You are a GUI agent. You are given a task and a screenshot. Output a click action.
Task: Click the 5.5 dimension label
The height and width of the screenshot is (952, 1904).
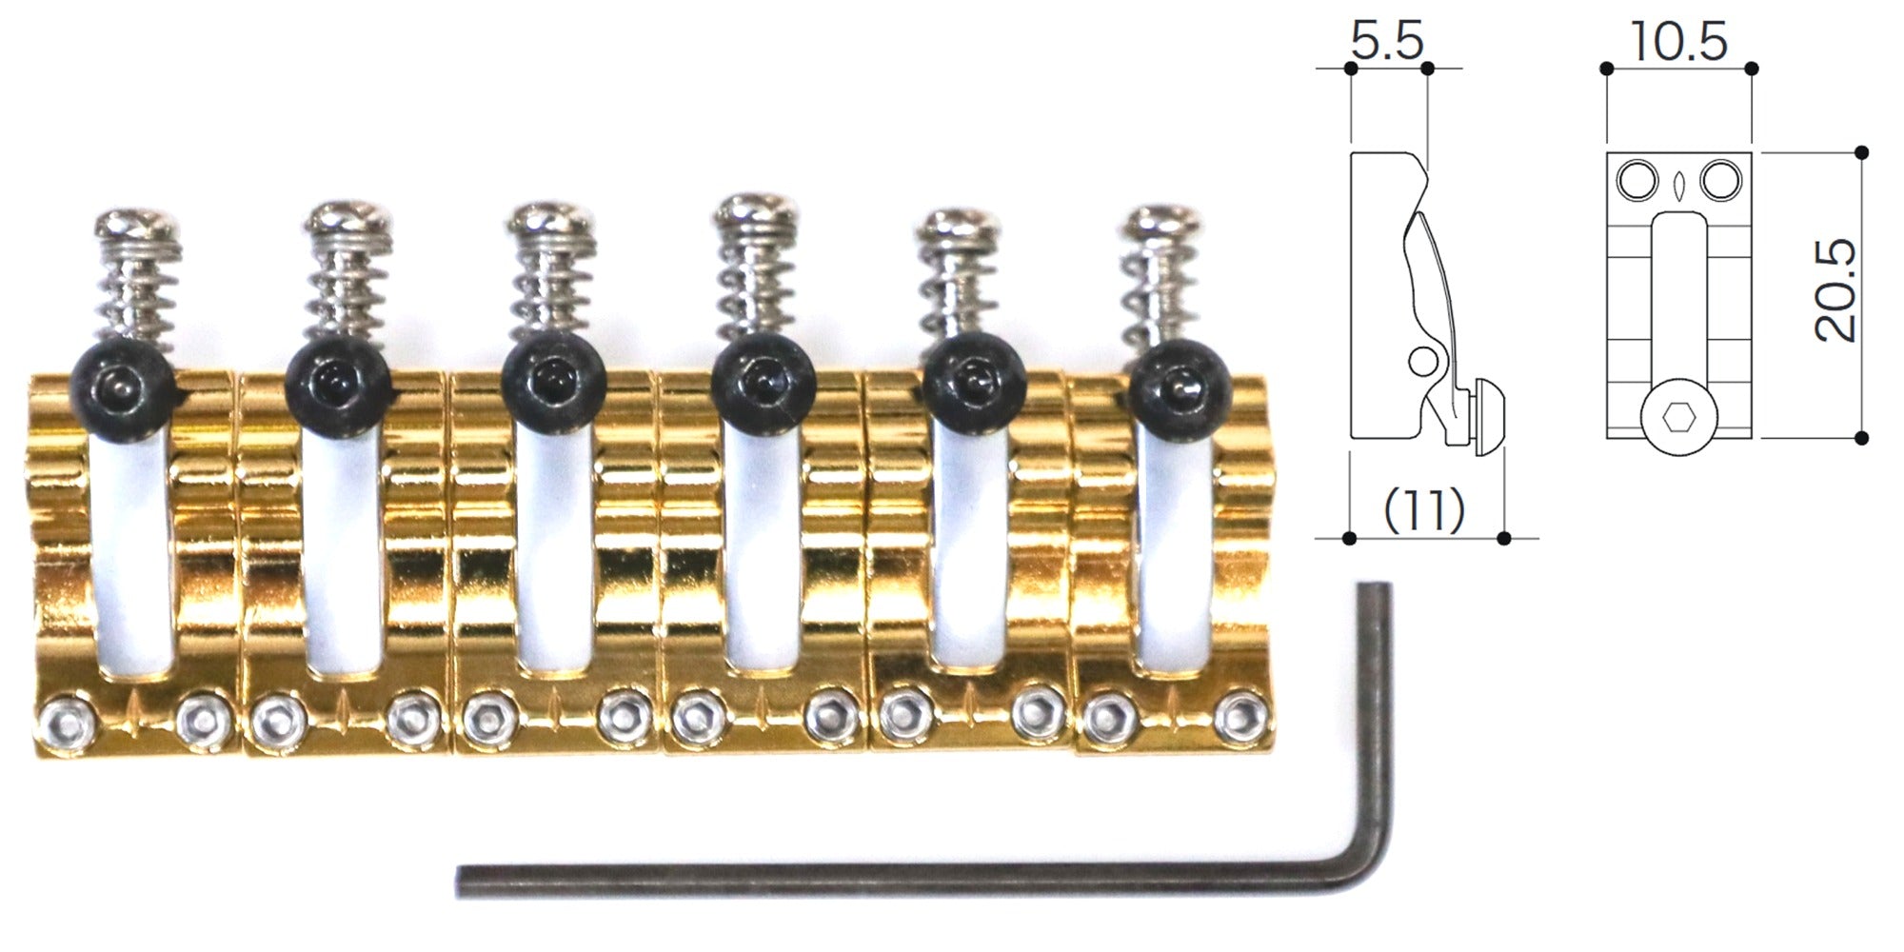tap(1387, 41)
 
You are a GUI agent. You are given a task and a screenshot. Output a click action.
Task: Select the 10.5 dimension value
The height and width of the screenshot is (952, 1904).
tap(1678, 42)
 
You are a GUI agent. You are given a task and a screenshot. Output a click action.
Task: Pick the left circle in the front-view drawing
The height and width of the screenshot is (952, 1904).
tap(1637, 180)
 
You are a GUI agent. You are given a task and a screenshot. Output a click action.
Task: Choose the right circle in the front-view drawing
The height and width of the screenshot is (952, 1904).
tap(1721, 180)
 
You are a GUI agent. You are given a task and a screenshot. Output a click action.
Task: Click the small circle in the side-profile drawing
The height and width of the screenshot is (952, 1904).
tap(1423, 361)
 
